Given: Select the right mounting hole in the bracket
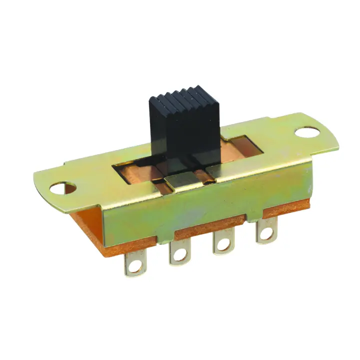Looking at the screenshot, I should [306, 133].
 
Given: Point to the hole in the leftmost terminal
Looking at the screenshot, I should [133, 268].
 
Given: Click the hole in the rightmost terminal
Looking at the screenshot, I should [265, 232].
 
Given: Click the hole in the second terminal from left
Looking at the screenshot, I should [178, 256].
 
